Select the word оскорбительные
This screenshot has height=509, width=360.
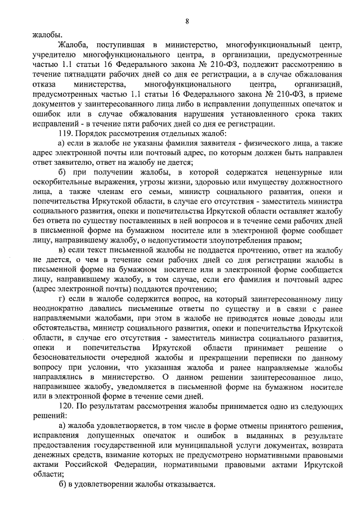tap(66, 182)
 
